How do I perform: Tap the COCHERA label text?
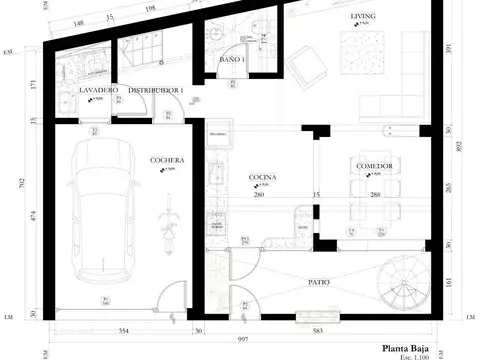point(166,160)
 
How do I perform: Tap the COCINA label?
point(262,176)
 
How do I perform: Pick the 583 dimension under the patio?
point(318,328)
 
